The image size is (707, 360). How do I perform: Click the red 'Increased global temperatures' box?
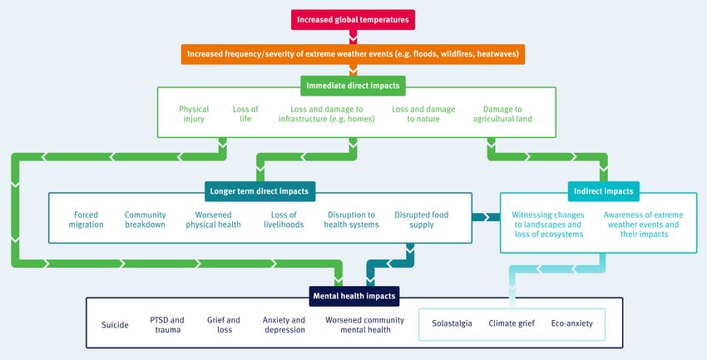(x=353, y=20)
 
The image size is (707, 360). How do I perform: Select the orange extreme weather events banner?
(x=353, y=54)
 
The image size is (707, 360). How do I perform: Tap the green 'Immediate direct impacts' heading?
(x=353, y=86)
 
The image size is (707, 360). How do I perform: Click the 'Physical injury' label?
(x=194, y=114)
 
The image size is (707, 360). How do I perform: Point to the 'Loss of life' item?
(x=245, y=114)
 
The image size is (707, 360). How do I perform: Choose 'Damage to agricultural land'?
(x=502, y=114)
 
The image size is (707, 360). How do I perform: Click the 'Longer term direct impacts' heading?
(x=260, y=191)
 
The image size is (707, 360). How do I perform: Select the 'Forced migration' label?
(x=87, y=219)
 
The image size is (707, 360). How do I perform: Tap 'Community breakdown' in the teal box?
(x=146, y=219)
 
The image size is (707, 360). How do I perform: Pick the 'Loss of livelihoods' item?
(x=284, y=219)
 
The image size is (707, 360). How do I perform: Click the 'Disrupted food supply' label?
(x=422, y=219)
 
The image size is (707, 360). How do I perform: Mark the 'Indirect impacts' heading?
(x=604, y=191)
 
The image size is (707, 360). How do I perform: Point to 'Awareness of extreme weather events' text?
(x=644, y=219)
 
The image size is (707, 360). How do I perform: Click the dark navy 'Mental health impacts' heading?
(x=354, y=296)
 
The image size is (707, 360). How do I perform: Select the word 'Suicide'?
(x=115, y=325)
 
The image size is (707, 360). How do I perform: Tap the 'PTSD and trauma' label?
(x=167, y=325)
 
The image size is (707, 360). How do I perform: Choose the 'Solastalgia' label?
(x=452, y=323)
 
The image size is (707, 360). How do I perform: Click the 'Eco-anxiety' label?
(x=572, y=323)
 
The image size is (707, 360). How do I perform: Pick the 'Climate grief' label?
(x=512, y=323)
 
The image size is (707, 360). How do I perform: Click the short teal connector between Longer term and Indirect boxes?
(x=486, y=217)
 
